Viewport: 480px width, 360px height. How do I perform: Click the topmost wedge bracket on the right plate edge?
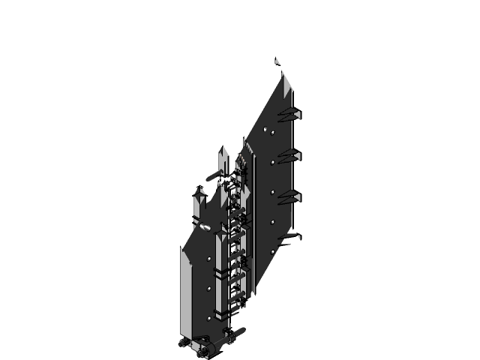pos(289,114)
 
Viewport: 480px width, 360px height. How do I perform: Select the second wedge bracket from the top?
pos(289,155)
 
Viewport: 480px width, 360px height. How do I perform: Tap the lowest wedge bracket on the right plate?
pos(289,238)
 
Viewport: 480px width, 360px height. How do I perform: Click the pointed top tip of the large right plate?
pos(283,74)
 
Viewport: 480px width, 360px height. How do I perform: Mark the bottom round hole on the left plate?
pos(208,315)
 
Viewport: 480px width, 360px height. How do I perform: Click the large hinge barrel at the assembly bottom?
pos(211,346)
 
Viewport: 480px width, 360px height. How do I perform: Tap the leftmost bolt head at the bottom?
pos(184,343)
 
